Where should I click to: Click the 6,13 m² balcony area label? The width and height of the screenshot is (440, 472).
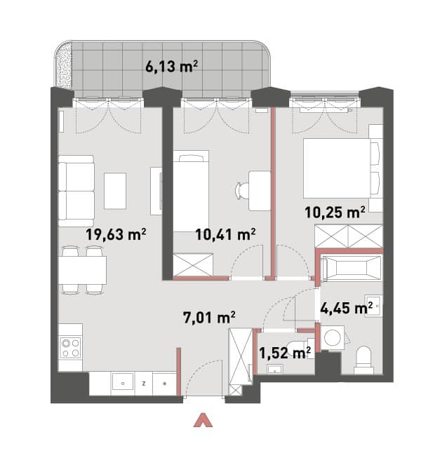coord(171,66)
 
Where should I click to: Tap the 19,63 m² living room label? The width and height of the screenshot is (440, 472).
coord(116,234)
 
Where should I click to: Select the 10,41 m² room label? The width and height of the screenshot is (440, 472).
coord(225,234)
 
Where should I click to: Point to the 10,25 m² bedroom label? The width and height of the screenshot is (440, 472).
coord(335,213)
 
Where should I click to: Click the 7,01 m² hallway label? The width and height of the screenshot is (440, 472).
coord(209,317)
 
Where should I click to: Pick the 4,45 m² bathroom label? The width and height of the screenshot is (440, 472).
coord(347,308)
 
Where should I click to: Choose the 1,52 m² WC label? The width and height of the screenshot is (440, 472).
coord(285,353)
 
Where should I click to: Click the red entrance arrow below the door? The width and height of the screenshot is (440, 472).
coord(203,420)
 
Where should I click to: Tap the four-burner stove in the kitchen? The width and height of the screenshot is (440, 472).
coord(70,347)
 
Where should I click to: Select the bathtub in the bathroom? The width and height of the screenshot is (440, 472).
coord(351,268)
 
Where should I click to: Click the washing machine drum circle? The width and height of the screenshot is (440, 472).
coord(333,338)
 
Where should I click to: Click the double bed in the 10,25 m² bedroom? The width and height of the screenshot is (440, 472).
coord(342,168)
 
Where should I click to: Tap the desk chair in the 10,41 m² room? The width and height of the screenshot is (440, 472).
coord(242,191)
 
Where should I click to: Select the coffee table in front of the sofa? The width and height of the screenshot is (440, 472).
coord(115,191)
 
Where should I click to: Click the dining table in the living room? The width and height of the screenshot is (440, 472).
coord(82,270)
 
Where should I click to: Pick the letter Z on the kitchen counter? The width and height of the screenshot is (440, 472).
coord(144,384)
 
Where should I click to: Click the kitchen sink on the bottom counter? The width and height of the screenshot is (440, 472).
coord(123,384)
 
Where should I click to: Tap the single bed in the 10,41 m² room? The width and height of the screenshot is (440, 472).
coord(191,191)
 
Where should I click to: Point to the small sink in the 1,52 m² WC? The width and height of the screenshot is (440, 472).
coord(274,370)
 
